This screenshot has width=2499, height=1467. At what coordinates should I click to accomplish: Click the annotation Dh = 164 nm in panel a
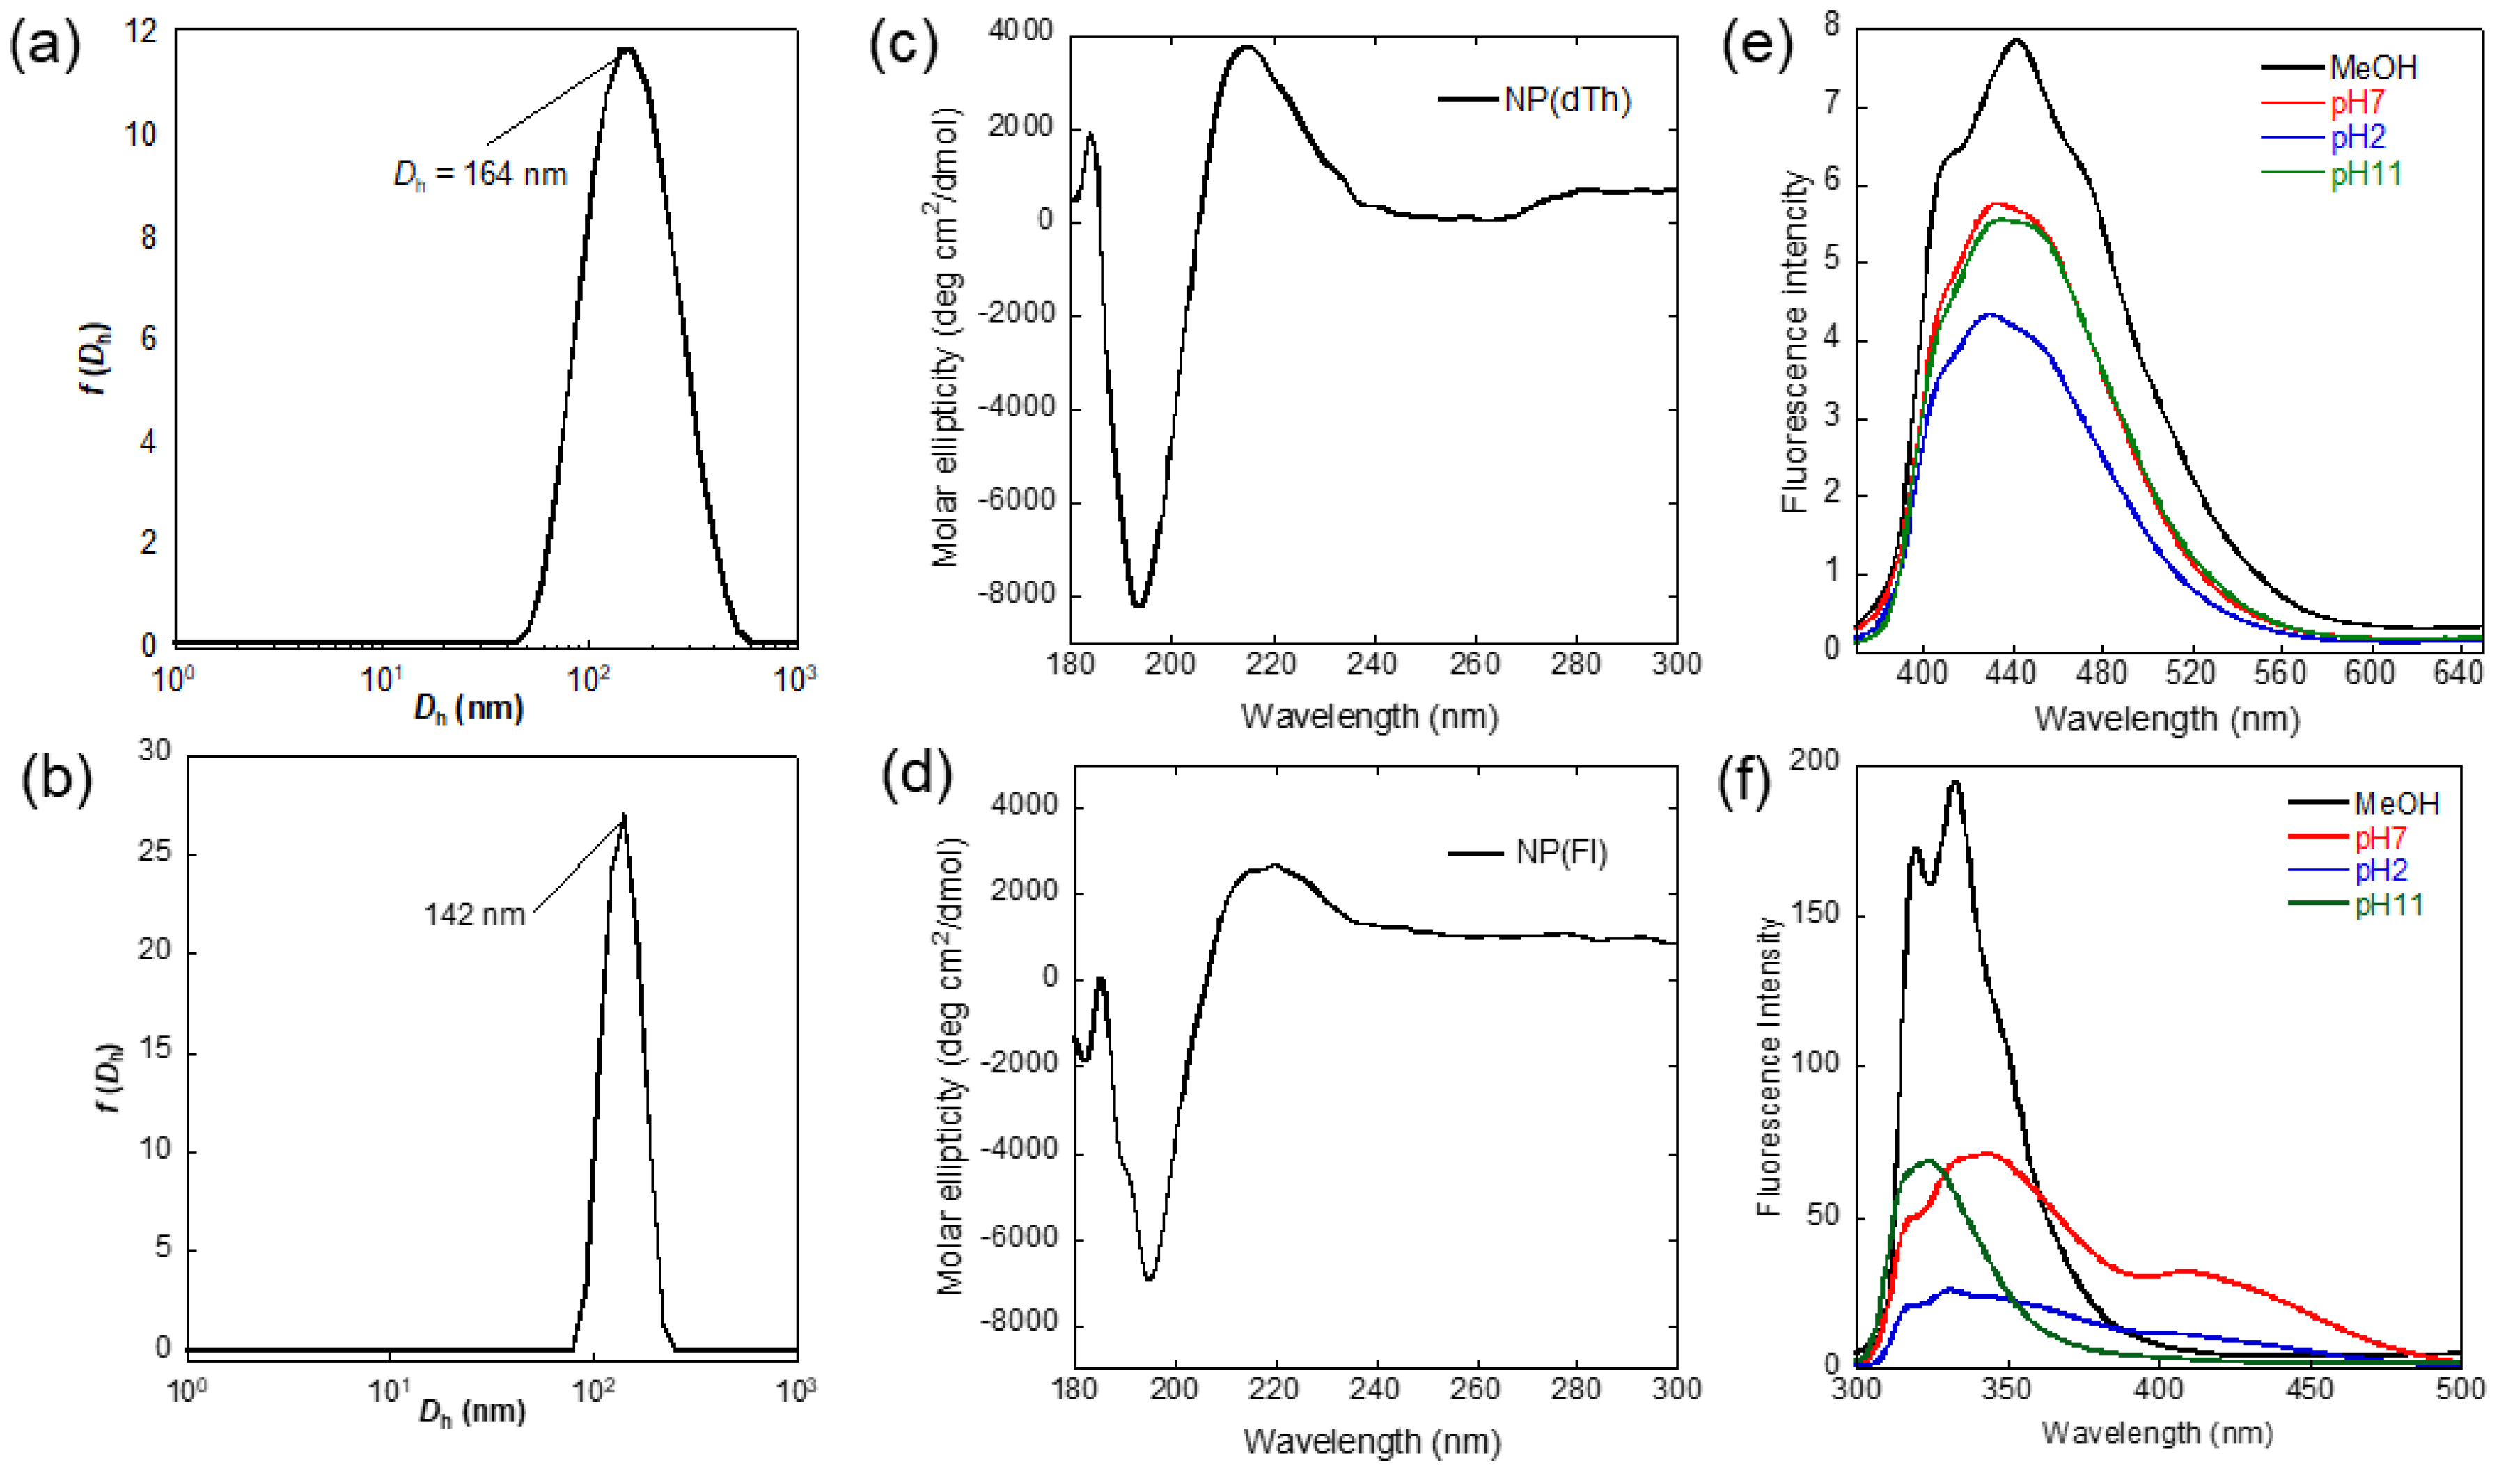[x=481, y=175]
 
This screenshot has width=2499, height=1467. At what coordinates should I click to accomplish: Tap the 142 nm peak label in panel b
[x=474, y=913]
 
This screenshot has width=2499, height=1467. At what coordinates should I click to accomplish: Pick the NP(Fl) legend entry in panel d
[x=1561, y=853]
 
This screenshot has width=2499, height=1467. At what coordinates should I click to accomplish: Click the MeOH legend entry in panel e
[x=2373, y=68]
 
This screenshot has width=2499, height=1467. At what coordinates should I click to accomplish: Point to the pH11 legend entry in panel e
[x=2365, y=175]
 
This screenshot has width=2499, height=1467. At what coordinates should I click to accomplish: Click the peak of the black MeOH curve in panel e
[x=2016, y=40]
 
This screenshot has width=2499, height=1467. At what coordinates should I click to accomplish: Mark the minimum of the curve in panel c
[x=1138, y=604]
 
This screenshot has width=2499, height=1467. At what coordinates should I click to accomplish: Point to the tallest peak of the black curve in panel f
[x=1954, y=782]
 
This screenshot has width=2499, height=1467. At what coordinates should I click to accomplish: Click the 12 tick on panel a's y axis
[x=142, y=33]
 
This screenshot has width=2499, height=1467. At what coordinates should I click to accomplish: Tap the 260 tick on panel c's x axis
[x=1475, y=664]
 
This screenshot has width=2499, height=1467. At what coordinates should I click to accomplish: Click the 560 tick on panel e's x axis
[x=2280, y=673]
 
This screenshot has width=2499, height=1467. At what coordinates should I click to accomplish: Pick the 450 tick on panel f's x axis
[x=2310, y=1388]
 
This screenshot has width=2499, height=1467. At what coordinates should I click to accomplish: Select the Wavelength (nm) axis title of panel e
[x=2167, y=718]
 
